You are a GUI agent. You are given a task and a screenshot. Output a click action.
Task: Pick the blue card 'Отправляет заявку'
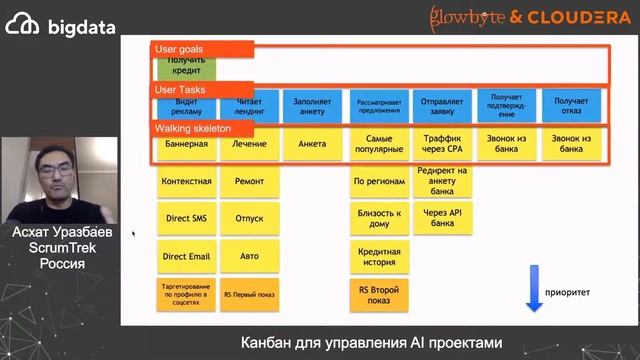click(x=441, y=106)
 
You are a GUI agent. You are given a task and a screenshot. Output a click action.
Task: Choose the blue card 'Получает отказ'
click(x=570, y=106)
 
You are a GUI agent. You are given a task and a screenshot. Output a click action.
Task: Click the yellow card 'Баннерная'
click(x=185, y=144)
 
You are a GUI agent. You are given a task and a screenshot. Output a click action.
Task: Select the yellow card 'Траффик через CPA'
click(x=441, y=144)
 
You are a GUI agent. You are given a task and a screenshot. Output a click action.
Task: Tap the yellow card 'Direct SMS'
click(x=185, y=218)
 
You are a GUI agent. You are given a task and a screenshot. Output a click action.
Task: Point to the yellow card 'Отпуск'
click(x=249, y=218)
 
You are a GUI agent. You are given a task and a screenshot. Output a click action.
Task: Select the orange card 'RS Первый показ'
click(x=249, y=294)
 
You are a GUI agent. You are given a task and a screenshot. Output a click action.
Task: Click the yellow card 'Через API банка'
click(x=441, y=218)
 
